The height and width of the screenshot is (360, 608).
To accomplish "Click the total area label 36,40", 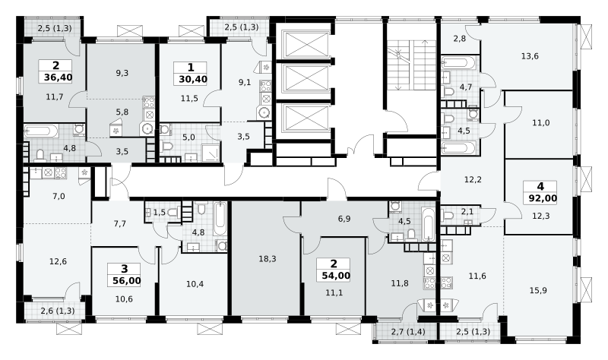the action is click(x=59, y=77).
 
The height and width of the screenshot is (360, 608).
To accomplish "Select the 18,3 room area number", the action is click(x=268, y=259).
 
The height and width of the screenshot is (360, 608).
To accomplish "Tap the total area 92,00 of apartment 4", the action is click(x=543, y=199).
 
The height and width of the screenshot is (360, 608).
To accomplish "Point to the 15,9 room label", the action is click(x=538, y=290).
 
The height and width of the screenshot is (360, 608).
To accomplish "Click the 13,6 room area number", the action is click(x=530, y=56).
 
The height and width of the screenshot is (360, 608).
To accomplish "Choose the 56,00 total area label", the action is click(x=127, y=281).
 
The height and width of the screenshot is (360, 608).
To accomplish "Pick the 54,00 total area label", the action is click(x=336, y=276).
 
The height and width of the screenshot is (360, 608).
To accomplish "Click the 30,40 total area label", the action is click(x=193, y=80).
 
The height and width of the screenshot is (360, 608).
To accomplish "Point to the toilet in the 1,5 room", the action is click(x=174, y=213).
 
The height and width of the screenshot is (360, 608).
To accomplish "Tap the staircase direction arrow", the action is click(x=425, y=65).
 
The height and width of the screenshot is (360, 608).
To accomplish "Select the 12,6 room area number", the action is click(x=59, y=261).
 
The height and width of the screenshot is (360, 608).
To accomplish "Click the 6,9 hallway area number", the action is click(x=344, y=219).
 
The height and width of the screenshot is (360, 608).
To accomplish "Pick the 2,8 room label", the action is click(x=460, y=39).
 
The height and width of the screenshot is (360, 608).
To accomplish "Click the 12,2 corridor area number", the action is click(x=473, y=179).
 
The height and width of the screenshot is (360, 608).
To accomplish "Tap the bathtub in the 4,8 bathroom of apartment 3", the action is click(x=220, y=219).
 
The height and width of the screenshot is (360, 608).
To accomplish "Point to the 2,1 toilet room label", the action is click(x=467, y=211).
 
